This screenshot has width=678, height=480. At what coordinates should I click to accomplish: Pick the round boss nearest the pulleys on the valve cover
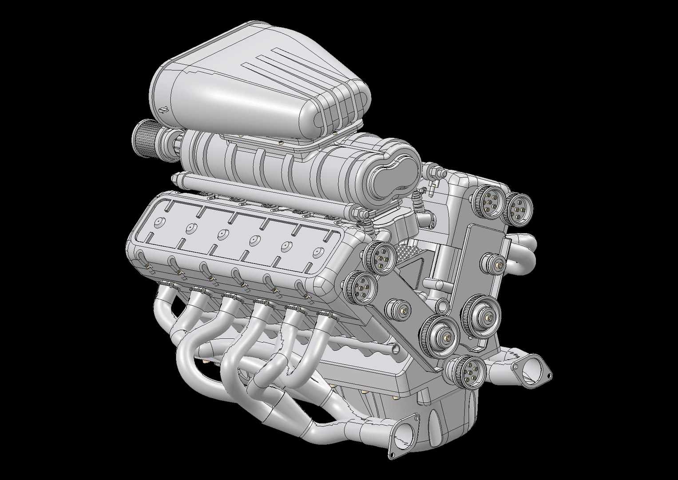(x=317, y=251)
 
